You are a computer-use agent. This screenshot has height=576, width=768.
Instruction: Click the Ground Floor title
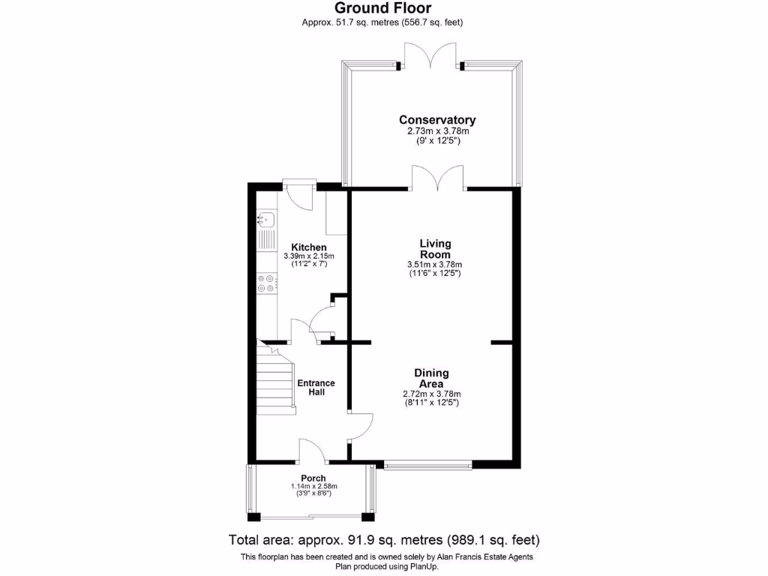coord(382,8)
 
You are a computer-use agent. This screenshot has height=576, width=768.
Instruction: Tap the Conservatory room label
coord(437,120)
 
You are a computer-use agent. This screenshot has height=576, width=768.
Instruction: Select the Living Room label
coord(435,249)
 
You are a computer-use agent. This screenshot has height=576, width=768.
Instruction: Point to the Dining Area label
coord(431,379)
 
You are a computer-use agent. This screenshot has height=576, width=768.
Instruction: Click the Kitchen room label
coord(309,247)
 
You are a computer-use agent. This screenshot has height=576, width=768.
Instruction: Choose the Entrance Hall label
coord(316,388)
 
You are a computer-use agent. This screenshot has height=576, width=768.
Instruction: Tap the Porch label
coord(313,478)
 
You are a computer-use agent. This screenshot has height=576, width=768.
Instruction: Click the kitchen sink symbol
coord(266,220)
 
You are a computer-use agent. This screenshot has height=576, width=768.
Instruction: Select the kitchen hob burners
coord(266,283)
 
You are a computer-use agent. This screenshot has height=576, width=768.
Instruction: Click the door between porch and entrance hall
coord(311,450)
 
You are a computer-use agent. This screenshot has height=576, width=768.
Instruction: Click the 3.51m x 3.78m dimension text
coord(435,264)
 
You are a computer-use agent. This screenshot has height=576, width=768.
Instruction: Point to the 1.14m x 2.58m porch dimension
coord(313,487)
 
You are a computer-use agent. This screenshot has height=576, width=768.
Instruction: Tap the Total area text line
coord(383,540)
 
